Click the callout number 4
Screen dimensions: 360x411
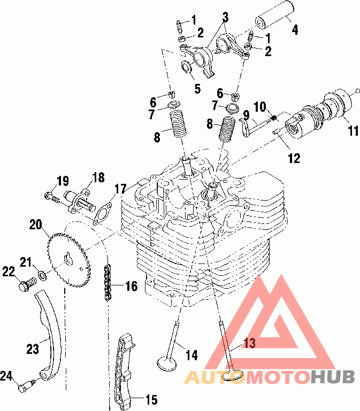click(x=295, y=29)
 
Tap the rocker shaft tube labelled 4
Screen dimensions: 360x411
click(x=273, y=14)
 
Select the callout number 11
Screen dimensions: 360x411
click(x=353, y=130)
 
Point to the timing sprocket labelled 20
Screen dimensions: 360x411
click(x=69, y=260)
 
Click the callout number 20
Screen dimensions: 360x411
click(x=36, y=225)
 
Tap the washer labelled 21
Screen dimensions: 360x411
click(x=42, y=275)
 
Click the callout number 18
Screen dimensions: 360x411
click(x=98, y=177)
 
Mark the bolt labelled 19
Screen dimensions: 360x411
click(x=55, y=198)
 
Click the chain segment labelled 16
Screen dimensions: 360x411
click(x=108, y=283)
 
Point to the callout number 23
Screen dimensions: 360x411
click(x=33, y=349)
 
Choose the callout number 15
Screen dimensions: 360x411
click(x=151, y=400)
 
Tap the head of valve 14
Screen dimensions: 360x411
click(x=167, y=364)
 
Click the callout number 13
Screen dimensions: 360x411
click(x=249, y=343)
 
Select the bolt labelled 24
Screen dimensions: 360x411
click(x=26, y=386)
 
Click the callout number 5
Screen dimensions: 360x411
click(x=197, y=89)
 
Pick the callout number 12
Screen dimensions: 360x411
click(x=294, y=158)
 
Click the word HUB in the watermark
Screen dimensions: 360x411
click(x=333, y=377)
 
